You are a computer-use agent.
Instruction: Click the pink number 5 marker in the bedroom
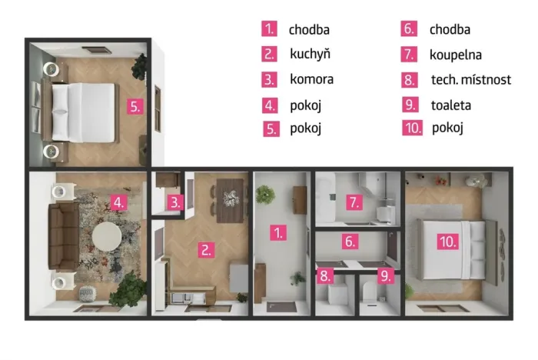click(135, 106)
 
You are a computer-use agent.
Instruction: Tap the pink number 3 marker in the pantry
click(175, 202)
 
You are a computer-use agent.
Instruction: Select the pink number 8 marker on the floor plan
click(325, 276)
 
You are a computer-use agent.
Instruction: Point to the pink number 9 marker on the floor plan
click(386, 276)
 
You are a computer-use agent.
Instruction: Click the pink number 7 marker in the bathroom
click(354, 202)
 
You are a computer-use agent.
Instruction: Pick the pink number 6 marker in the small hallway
click(350, 241)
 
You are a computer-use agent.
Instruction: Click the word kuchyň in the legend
click(311, 55)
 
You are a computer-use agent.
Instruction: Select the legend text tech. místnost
click(471, 80)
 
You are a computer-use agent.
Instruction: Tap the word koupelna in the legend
click(456, 55)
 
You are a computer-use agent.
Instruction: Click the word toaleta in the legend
click(451, 105)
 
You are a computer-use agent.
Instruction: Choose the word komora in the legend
click(311, 79)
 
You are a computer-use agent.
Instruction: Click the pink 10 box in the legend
click(413, 128)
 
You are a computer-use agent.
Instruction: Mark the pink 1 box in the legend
click(269, 28)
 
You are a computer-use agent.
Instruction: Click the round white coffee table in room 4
click(107, 236)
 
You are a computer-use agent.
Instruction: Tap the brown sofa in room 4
click(64, 236)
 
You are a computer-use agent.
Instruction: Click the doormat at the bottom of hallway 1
click(282, 307)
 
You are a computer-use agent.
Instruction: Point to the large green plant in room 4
click(128, 288)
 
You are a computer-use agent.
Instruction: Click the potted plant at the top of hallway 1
click(266, 195)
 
